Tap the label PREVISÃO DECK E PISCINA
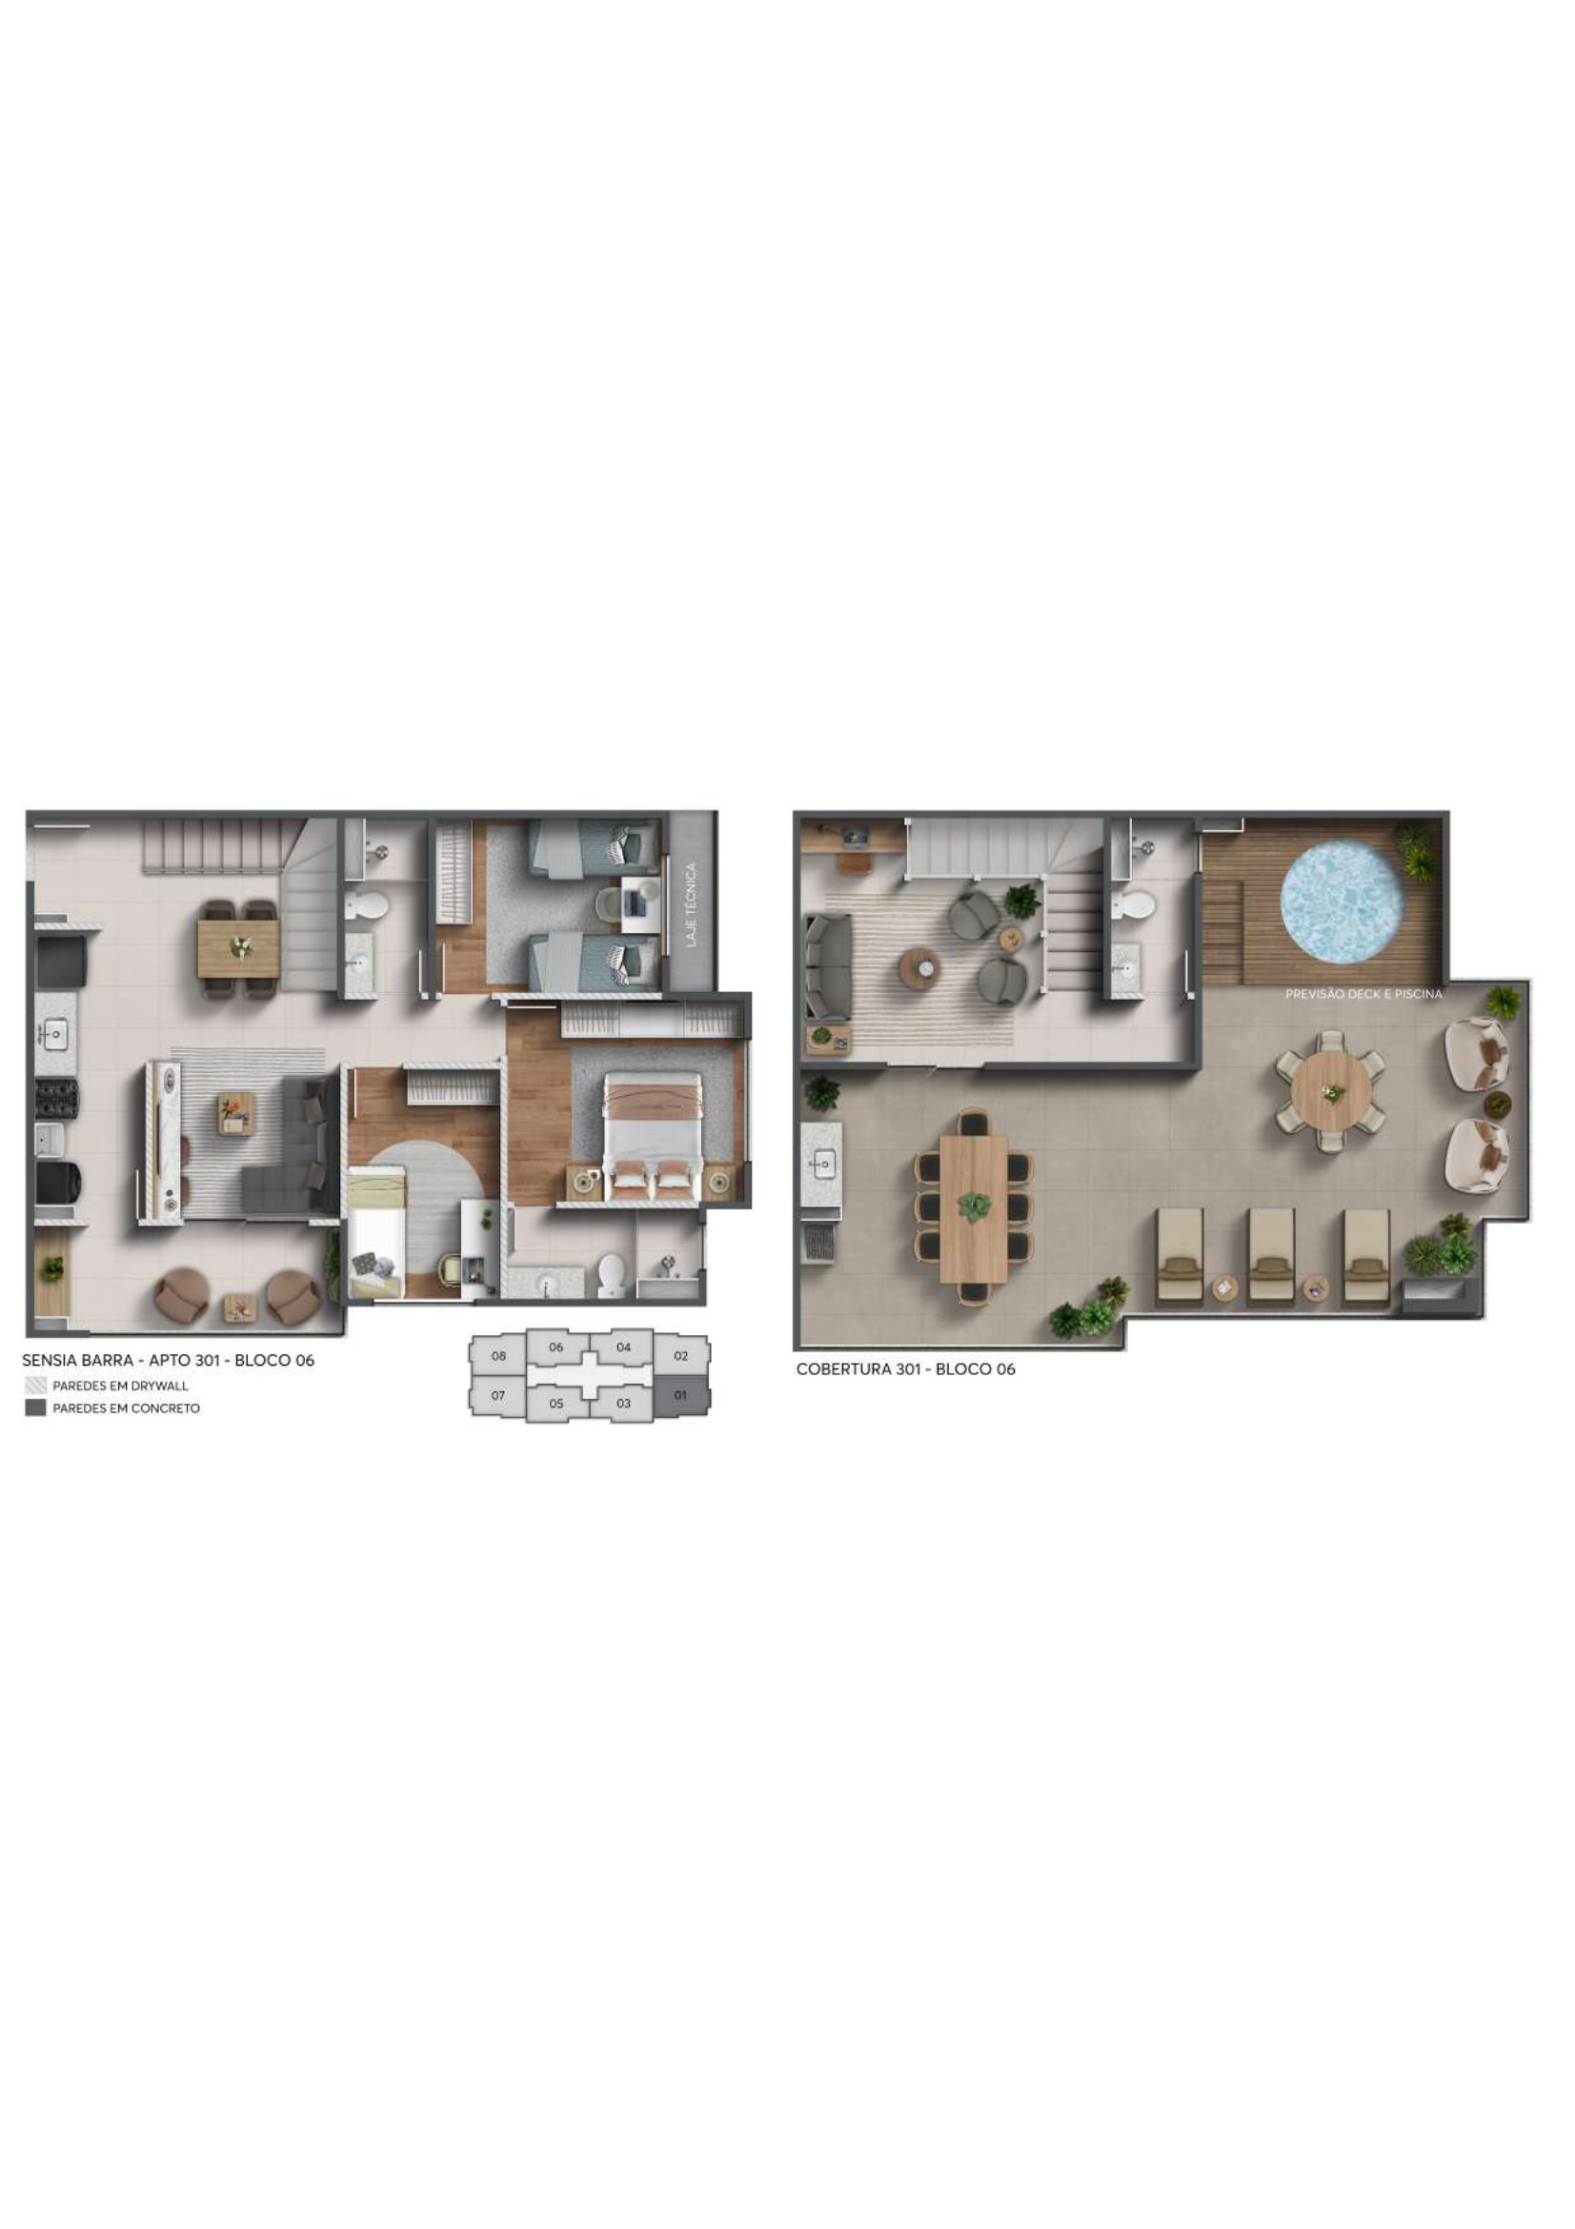(1363, 994)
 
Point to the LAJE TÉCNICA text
(691, 904)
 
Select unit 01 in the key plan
(680, 1395)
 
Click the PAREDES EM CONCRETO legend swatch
(36, 1408)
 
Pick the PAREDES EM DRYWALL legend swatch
(36, 1386)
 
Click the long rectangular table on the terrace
(975, 1208)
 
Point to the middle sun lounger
(1271, 1256)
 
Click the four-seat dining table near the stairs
(239, 948)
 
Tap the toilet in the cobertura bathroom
(1135, 904)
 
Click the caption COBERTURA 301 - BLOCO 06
(905, 1368)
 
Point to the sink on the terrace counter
(824, 1163)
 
